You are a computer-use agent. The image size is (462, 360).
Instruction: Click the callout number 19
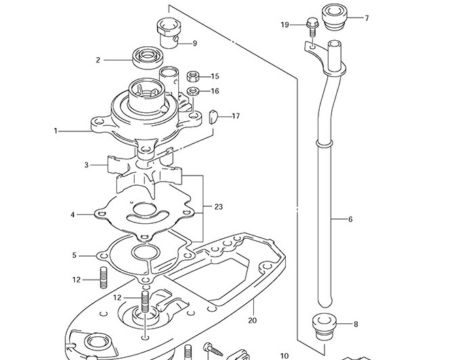pos(284,24)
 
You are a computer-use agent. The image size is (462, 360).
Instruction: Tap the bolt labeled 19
pos(312,27)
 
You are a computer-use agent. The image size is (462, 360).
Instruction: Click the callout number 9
pos(195,44)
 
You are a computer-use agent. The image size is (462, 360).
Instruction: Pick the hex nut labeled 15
pos(193,76)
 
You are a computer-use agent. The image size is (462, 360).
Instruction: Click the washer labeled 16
pos(193,91)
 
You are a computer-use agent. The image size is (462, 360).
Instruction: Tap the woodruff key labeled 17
pos(213,116)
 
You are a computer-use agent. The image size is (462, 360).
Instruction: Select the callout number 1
pos(56,131)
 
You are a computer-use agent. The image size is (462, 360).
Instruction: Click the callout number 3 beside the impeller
pos(86,165)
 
